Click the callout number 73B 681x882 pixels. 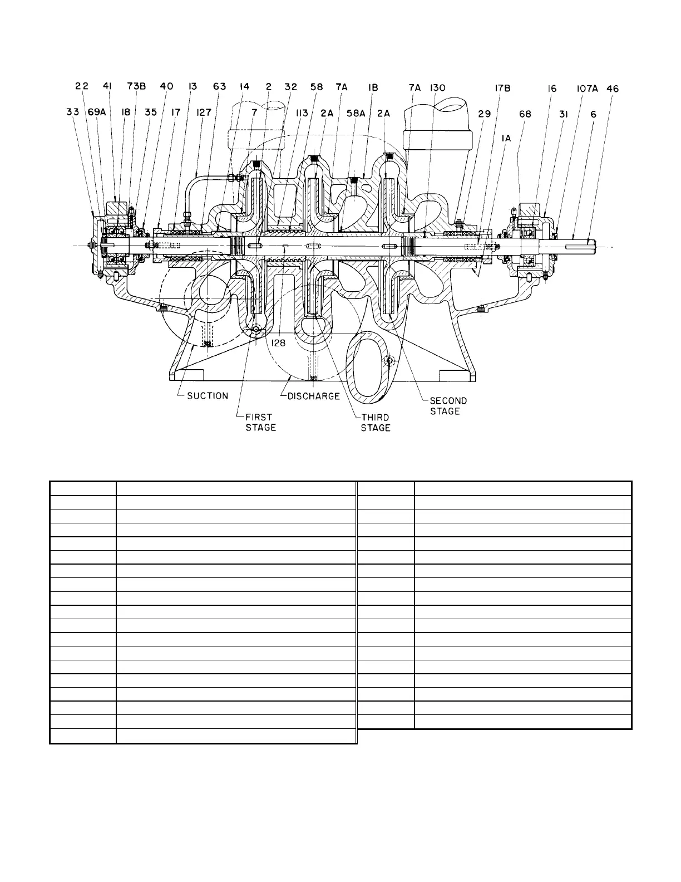[x=136, y=86]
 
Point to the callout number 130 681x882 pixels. [x=437, y=87]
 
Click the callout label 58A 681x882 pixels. [x=356, y=113]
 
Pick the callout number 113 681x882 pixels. [x=302, y=113]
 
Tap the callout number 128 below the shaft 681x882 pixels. [x=278, y=343]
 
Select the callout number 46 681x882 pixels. [x=613, y=88]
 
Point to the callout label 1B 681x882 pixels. [x=373, y=87]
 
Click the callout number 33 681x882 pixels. [x=73, y=112]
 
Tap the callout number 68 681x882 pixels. [x=525, y=114]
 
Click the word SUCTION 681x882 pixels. [x=208, y=396]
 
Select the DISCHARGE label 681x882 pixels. [x=314, y=396]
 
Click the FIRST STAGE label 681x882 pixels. [x=260, y=422]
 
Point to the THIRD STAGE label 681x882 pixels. [x=375, y=422]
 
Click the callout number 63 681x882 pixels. [x=219, y=86]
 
